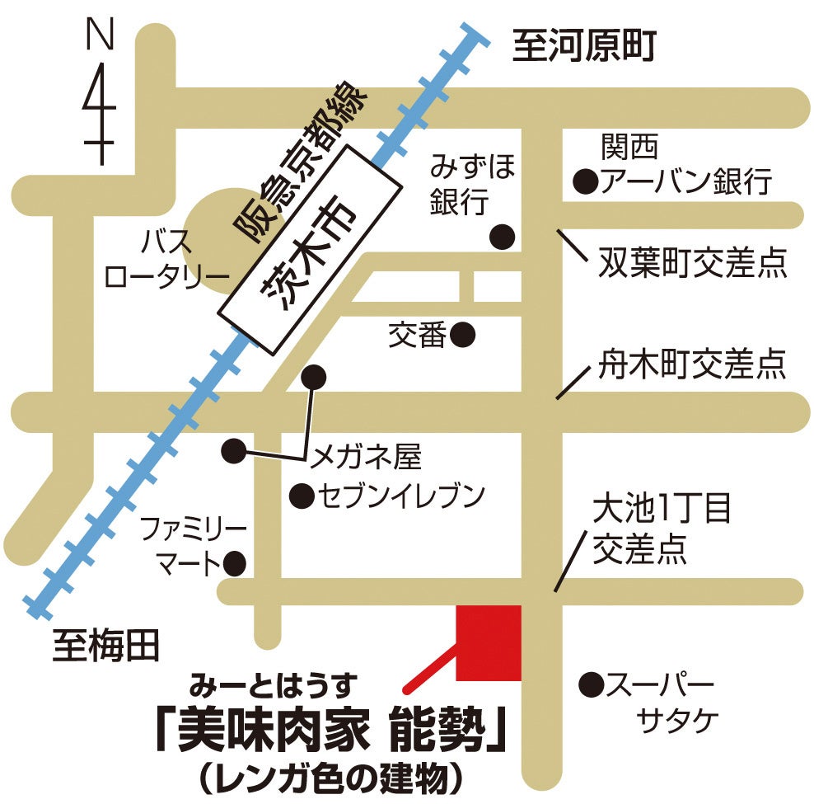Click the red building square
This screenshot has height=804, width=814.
[489, 643]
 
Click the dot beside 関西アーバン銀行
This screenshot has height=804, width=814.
[585, 180]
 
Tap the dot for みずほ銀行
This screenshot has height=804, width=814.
[503, 237]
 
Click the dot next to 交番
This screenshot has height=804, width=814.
[462, 334]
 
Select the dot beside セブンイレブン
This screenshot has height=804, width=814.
[302, 496]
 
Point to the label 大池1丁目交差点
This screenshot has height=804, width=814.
[662, 529]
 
